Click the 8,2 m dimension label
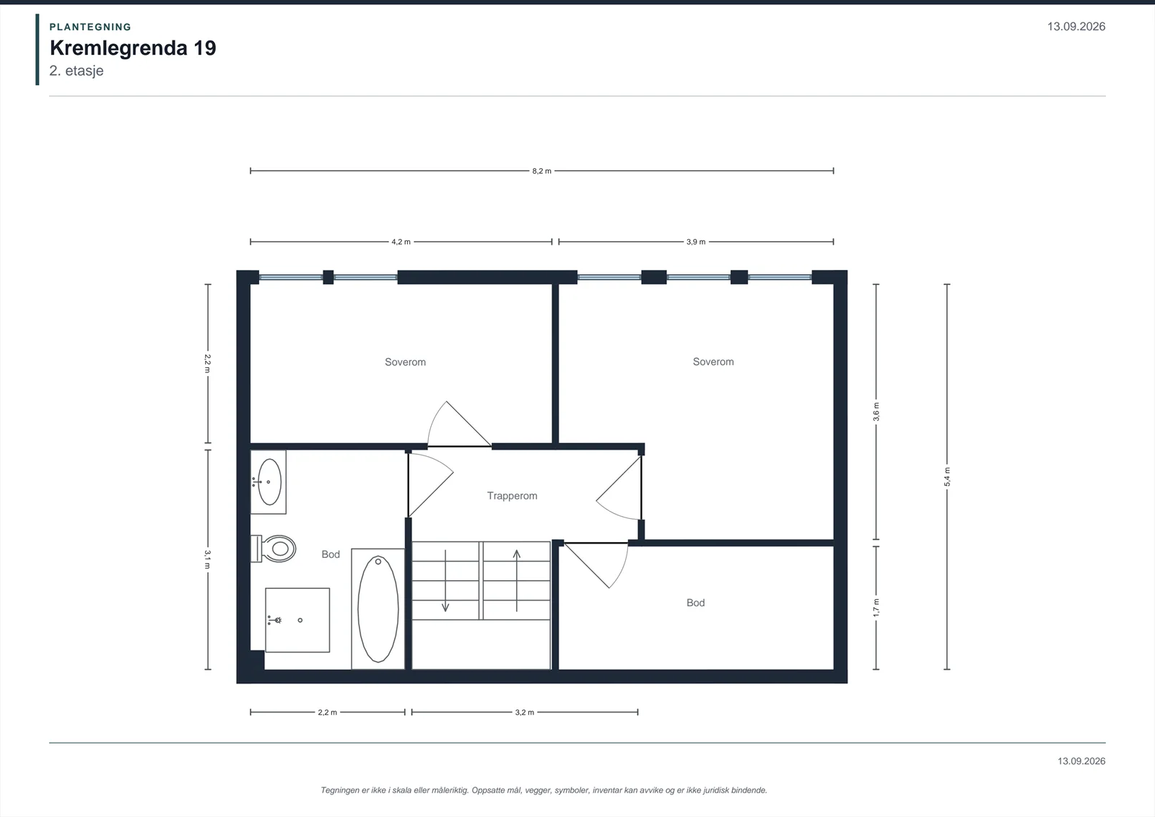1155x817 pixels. tap(541, 171)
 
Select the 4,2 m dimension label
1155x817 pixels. tap(401, 242)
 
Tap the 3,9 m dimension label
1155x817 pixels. tap(696, 242)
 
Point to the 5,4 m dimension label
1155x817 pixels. tap(947, 477)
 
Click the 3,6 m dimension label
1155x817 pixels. tap(876, 412)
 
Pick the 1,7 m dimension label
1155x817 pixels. tap(876, 608)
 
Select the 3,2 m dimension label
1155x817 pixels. tap(524, 712)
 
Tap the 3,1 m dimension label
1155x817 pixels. tap(208, 560)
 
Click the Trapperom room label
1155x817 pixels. tap(512, 496)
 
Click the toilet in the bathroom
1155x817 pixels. tap(274, 548)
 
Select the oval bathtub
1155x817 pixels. tap(378, 608)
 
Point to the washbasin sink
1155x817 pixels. tap(269, 482)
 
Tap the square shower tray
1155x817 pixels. tap(297, 620)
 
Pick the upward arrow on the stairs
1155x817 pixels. tap(517, 580)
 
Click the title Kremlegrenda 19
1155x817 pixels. tap(133, 48)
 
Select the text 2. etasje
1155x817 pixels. tap(77, 71)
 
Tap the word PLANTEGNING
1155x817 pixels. tap(90, 27)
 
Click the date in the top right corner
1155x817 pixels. tap(1076, 27)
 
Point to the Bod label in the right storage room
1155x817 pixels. tap(696, 603)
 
